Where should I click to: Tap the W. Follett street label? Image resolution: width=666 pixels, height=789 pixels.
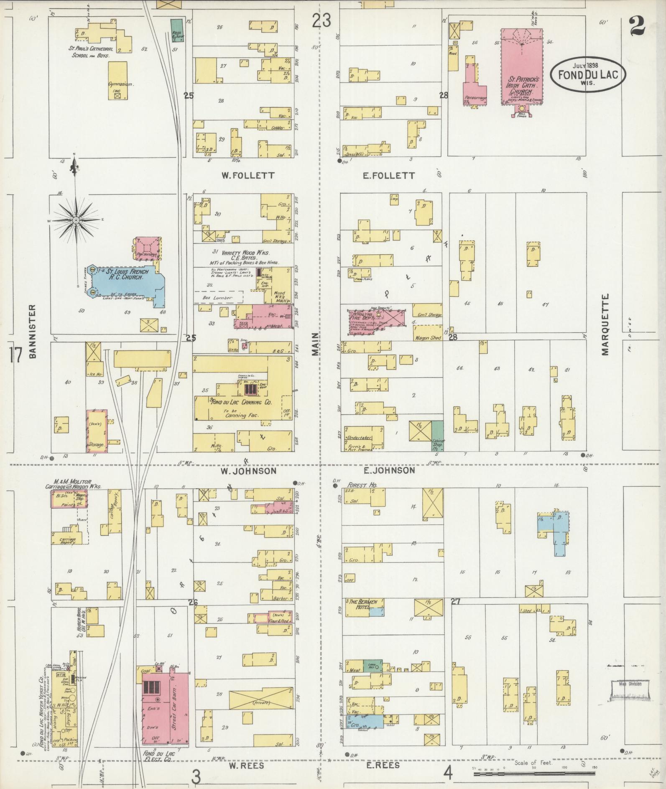pyautogui.click(x=248, y=176)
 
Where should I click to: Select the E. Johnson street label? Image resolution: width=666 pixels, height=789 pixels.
pyautogui.click(x=388, y=470)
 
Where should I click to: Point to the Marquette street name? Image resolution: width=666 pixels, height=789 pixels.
pyautogui.click(x=605, y=324)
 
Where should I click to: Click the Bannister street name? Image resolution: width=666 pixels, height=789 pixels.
pyautogui.click(x=33, y=331)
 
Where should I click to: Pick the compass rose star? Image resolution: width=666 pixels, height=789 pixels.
pyautogui.click(x=77, y=220)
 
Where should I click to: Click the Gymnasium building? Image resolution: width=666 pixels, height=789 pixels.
pyautogui.click(x=117, y=80)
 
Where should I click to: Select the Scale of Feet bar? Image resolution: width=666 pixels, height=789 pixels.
pyautogui.click(x=534, y=774)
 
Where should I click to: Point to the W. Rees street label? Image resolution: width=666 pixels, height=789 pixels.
pyautogui.click(x=247, y=766)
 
